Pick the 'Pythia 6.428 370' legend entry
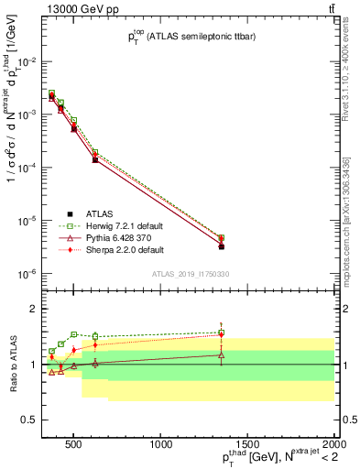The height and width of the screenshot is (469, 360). coord(107,236)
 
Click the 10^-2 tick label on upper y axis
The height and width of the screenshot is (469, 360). coord(25,61)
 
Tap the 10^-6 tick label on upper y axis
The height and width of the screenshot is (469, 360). coord(25,274)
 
